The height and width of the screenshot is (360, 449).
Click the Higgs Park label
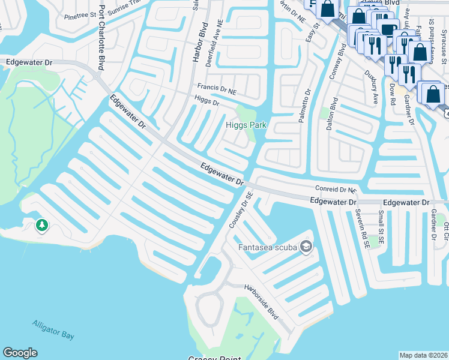point(246,125)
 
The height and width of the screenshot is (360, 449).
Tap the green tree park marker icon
point(41,226)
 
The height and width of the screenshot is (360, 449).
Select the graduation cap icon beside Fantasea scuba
point(307,247)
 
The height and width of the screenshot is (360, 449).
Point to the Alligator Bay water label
point(53,329)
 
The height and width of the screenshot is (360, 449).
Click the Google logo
point(20,353)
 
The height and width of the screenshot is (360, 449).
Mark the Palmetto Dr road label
point(304,107)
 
